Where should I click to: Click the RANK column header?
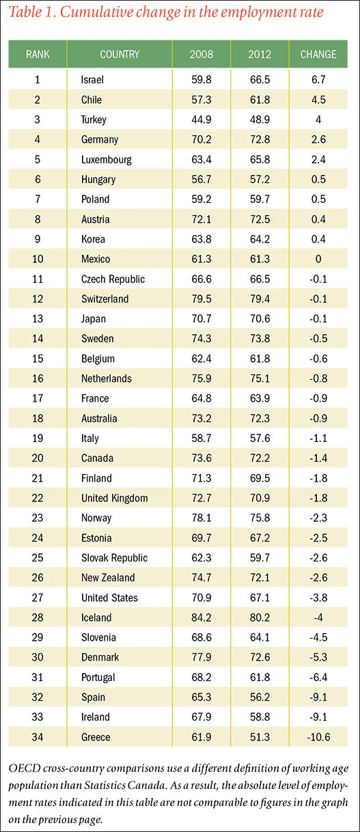[x=38, y=54]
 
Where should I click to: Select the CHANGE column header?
[x=318, y=54]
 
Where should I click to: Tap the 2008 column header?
[x=202, y=54]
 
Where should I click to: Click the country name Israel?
[x=92, y=79]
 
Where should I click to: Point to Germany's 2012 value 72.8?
[x=260, y=139]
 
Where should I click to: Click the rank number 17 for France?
[x=38, y=398]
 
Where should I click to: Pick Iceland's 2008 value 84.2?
[x=202, y=618]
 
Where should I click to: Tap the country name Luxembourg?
[x=107, y=160]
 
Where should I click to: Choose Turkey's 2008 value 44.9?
[x=202, y=120]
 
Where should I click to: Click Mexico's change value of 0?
[x=318, y=259]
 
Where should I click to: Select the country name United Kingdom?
[x=115, y=498]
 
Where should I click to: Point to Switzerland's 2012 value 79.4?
[x=260, y=299]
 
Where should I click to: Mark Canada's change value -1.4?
[x=318, y=458]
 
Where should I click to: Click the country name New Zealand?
[x=108, y=578]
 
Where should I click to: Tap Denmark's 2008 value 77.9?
[x=202, y=657]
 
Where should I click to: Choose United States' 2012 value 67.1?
[x=260, y=598]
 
